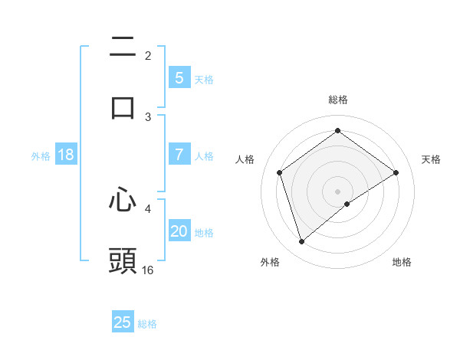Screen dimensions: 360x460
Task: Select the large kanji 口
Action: pyautogui.click(x=123, y=107)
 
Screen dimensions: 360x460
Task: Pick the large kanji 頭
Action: pyautogui.click(x=123, y=260)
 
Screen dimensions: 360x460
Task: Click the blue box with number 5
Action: pyautogui.click(x=179, y=78)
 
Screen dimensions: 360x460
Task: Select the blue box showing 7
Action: pyautogui.click(x=179, y=155)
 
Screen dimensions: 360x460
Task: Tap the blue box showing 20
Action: pyautogui.click(x=179, y=231)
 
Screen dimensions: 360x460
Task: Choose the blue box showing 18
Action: pyautogui.click(x=66, y=155)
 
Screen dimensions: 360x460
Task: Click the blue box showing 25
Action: pyautogui.click(x=123, y=322)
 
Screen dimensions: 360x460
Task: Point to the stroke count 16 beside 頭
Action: pyautogui.click(x=148, y=270)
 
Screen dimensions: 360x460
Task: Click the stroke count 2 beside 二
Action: pyautogui.click(x=148, y=55)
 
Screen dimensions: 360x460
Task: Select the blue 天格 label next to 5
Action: pyautogui.click(x=204, y=80)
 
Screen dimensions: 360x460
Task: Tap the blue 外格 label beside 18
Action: pyautogui.click(x=41, y=156)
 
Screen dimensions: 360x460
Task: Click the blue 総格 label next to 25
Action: pyautogui.click(x=147, y=324)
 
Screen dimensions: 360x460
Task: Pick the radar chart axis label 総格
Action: pyautogui.click(x=338, y=100)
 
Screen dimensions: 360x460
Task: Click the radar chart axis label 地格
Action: pyautogui.click(x=402, y=262)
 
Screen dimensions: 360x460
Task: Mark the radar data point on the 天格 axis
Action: pyautogui.click(x=396, y=172)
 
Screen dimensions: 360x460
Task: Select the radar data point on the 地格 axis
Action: pyautogui.click(x=347, y=204)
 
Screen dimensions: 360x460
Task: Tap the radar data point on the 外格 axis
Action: pyautogui.click(x=302, y=242)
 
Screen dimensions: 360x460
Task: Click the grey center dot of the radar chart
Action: pyautogui.click(x=337, y=191)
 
